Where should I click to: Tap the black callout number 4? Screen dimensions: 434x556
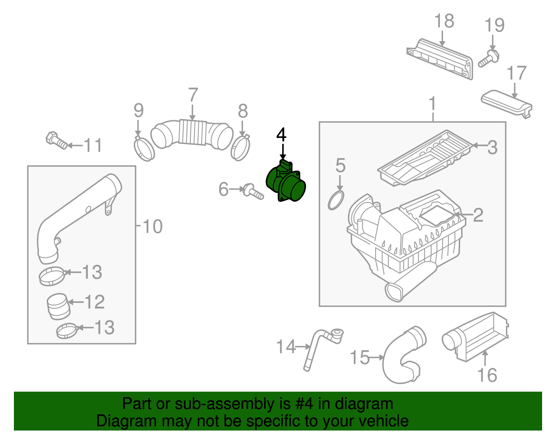coord(281,135)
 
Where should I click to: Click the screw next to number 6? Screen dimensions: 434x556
coord(253,192)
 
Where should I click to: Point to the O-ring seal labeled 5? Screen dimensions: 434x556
coord(336,200)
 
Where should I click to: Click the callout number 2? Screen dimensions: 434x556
coord(478,215)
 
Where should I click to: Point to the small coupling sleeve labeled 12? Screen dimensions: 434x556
coord(58,306)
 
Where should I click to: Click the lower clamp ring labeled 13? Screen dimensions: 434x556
coord(66,331)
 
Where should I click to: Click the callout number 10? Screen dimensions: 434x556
coord(152,227)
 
